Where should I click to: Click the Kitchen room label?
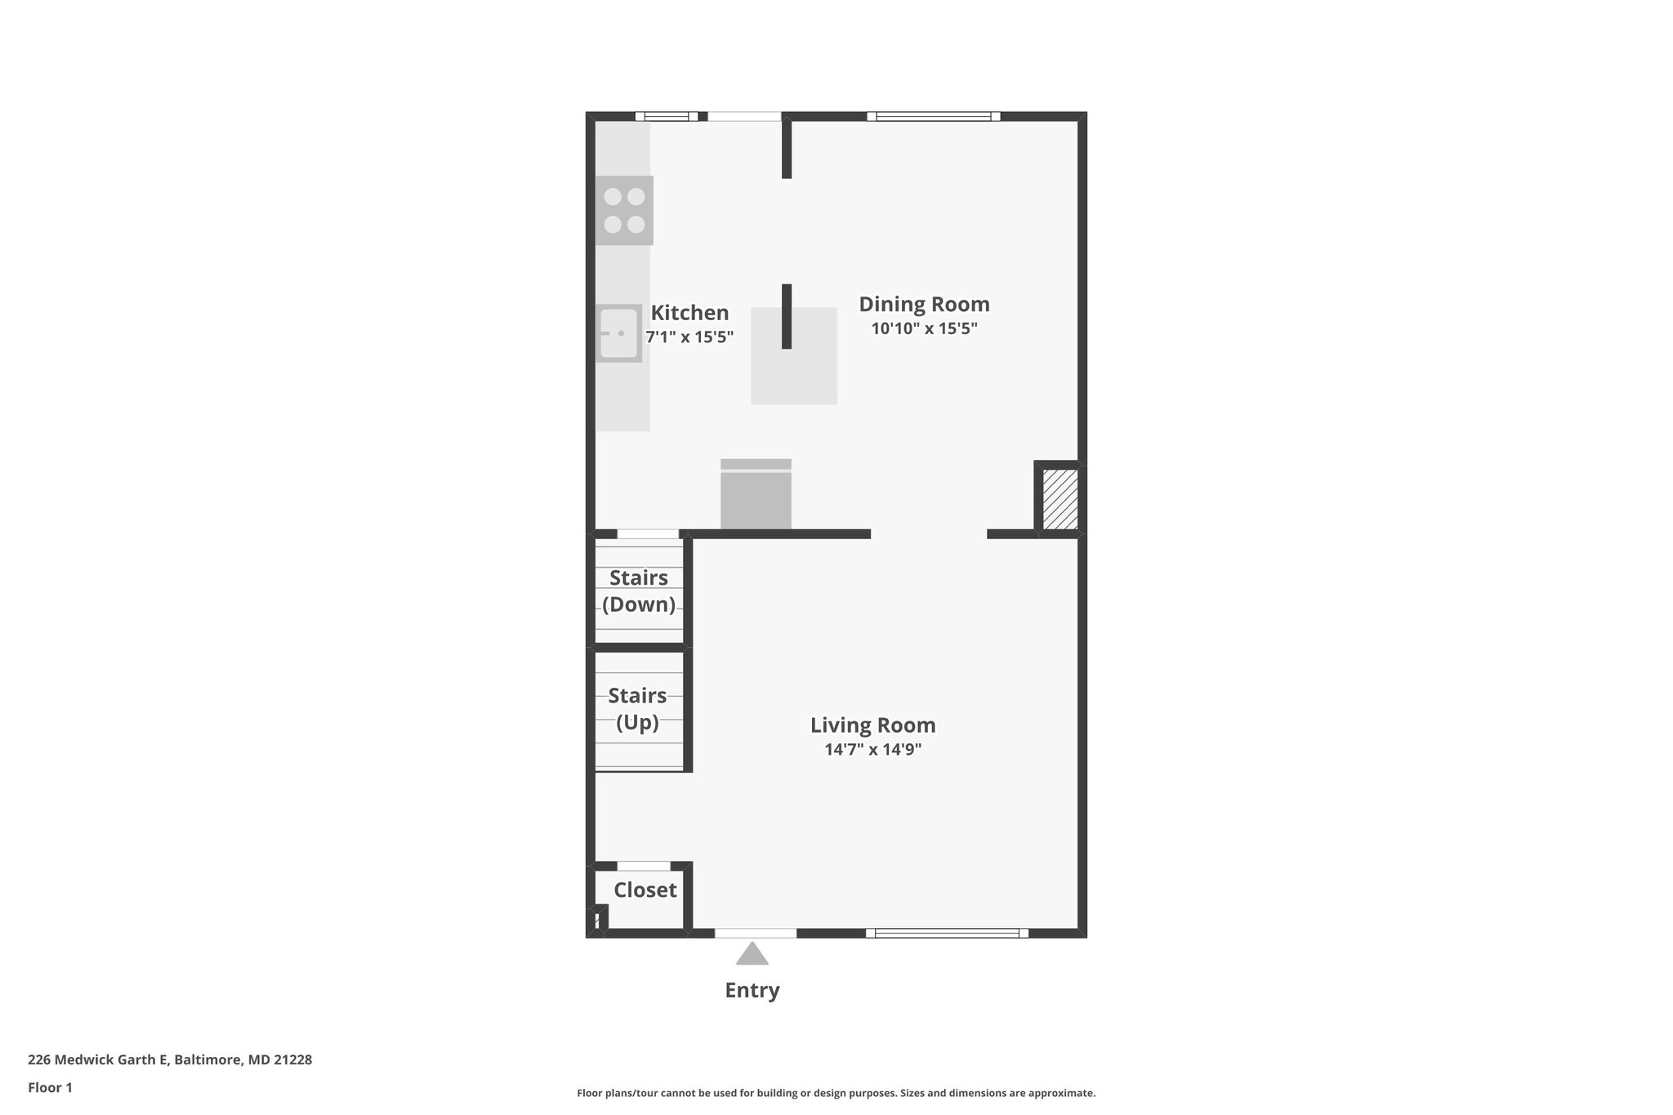(x=689, y=313)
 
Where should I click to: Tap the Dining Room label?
(x=924, y=305)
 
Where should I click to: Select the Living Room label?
(x=872, y=725)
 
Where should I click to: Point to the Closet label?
(x=645, y=890)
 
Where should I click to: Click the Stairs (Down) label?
(x=639, y=591)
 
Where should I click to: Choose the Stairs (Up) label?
(x=637, y=709)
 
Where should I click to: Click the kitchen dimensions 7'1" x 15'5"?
(x=689, y=337)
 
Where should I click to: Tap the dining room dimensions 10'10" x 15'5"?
(x=924, y=329)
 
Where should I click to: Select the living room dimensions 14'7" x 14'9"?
(x=872, y=750)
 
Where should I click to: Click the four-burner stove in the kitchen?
(x=624, y=211)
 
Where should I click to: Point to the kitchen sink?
(x=618, y=333)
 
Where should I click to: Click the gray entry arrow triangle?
(x=752, y=954)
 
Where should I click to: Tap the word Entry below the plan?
(x=752, y=990)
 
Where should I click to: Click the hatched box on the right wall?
(x=1060, y=499)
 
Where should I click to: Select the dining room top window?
(x=933, y=116)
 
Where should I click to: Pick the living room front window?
(x=947, y=933)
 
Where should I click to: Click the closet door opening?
(x=644, y=866)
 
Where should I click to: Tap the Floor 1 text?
(x=51, y=1088)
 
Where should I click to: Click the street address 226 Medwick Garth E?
(x=170, y=1060)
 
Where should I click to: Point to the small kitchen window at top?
(x=667, y=116)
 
